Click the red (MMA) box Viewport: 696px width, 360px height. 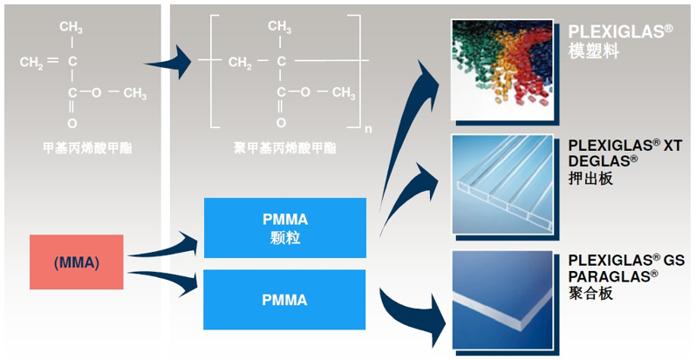click(x=77, y=262)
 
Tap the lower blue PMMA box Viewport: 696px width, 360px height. click(x=284, y=300)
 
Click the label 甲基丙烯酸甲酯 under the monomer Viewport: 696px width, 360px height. click(x=78, y=144)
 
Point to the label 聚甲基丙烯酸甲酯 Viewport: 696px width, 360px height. click(x=279, y=144)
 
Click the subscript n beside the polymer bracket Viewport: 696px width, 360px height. click(x=368, y=130)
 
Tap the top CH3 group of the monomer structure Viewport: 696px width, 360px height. click(x=72, y=29)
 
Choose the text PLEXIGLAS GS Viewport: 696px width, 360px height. click(x=625, y=260)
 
